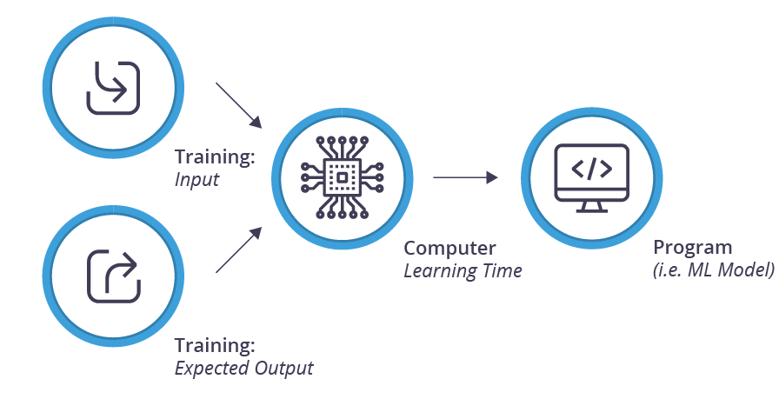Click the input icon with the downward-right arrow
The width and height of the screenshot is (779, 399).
pos(113,88)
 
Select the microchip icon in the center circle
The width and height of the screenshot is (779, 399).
pos(343,177)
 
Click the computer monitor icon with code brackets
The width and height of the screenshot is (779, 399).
pos(591,178)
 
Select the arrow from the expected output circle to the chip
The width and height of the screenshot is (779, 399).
pos(237,250)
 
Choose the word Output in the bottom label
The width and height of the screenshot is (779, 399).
pos(283,368)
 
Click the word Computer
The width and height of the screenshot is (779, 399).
pos(449,248)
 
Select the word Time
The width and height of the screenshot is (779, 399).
pos(502,270)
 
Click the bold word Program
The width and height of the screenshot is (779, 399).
pos(693,248)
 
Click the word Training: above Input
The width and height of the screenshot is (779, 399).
pos(215,157)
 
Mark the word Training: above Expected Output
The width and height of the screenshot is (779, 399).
pos(215,344)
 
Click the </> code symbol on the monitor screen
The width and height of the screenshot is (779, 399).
pos(591,169)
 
